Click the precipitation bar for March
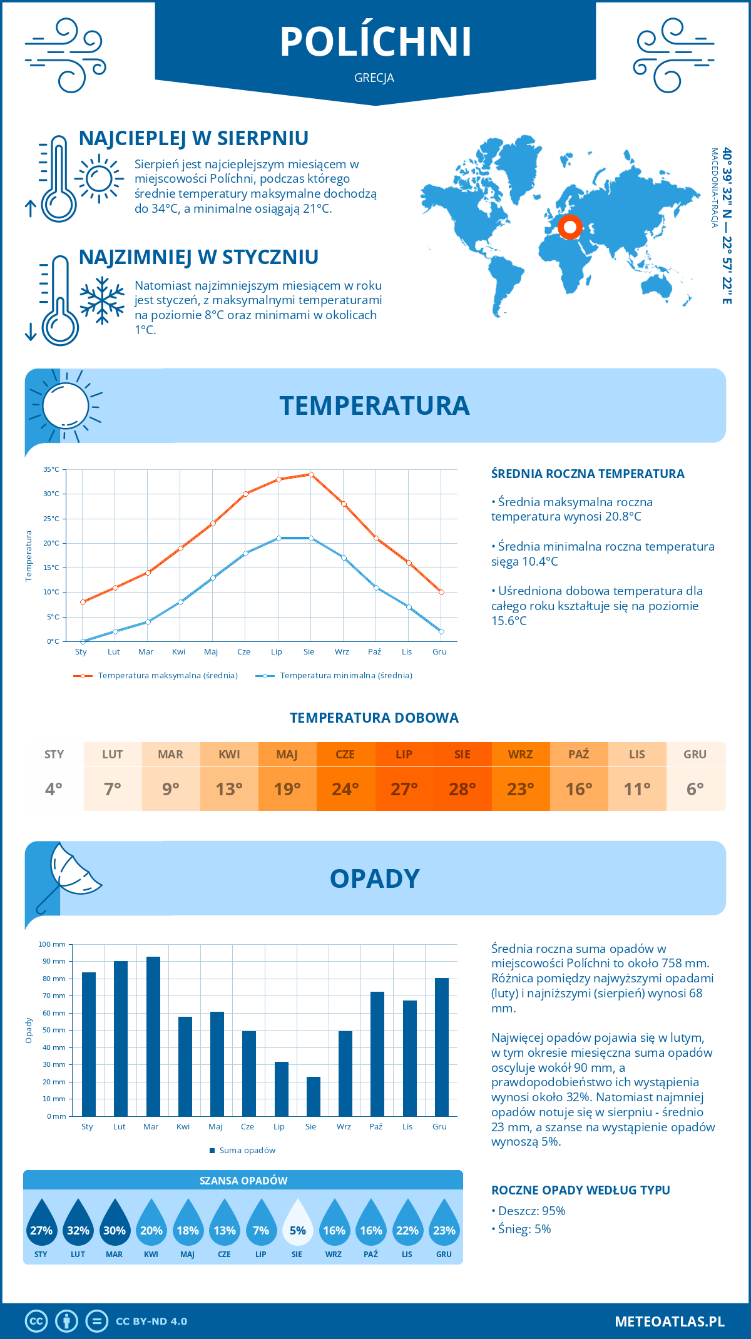coord(153,1036)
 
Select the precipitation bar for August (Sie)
coord(314,1096)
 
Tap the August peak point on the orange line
coord(311,474)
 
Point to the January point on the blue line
coord(83,641)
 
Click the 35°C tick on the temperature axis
coord(51,469)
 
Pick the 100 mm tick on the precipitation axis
coord(52,944)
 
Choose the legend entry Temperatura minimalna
coord(335,676)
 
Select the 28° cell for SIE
coord(462,788)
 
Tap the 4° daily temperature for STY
coord(54,788)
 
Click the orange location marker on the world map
coord(570,227)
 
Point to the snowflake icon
coord(102,300)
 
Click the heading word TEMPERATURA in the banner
coord(374,405)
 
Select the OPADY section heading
coord(374,878)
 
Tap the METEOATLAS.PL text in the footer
coord(670,1321)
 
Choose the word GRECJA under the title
coord(374,78)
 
